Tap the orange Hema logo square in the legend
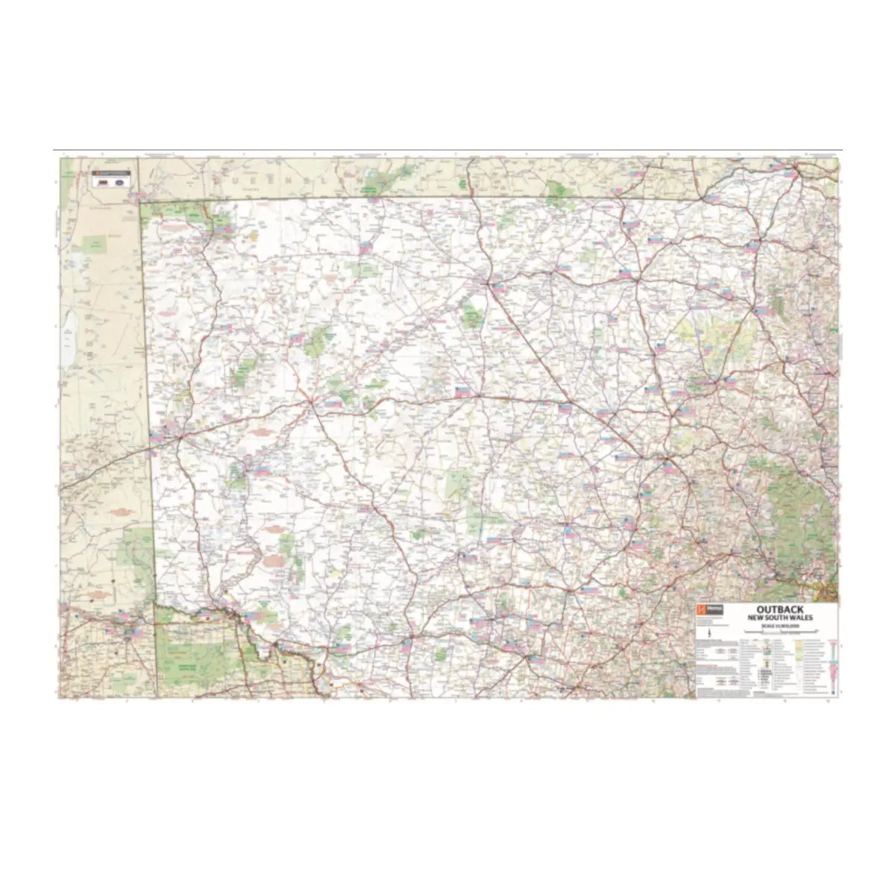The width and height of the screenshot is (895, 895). click(x=700, y=609)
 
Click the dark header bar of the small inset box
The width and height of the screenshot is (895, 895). click(x=111, y=173)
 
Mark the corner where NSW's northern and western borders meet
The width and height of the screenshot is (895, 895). click(x=139, y=201)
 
